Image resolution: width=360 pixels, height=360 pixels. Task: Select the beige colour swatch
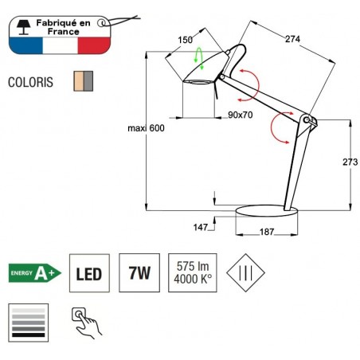(78, 81)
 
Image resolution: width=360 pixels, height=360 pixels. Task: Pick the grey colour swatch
(88, 81)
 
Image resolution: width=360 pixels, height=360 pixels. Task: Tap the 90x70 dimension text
(241, 115)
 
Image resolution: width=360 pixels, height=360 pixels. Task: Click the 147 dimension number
(202, 227)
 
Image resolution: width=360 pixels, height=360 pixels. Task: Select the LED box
(88, 274)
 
